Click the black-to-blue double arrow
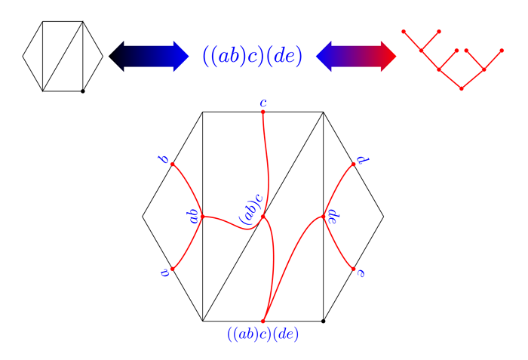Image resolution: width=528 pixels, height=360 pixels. (x=149, y=57)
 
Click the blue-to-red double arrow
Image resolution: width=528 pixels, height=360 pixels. (x=356, y=57)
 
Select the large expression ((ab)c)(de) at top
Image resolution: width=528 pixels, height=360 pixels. (x=253, y=56)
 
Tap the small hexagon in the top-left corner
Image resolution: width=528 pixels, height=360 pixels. (x=63, y=57)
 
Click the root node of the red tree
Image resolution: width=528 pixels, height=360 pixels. (x=462, y=88)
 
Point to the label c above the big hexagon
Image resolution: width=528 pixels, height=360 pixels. (x=263, y=103)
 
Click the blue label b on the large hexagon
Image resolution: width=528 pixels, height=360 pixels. (x=164, y=158)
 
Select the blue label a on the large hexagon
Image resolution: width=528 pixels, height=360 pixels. (x=164, y=272)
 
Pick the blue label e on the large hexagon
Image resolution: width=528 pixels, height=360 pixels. (x=361, y=273)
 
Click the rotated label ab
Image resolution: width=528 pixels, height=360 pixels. (x=193, y=216)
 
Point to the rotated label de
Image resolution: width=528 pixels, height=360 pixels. (x=332, y=217)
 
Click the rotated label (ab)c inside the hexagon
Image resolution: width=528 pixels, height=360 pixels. (x=251, y=209)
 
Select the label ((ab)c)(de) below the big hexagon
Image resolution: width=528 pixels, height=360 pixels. (x=263, y=334)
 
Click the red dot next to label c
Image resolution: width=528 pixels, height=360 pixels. (x=263, y=112)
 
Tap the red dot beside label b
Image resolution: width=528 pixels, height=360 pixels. (x=173, y=165)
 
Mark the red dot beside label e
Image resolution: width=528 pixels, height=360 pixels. (x=353, y=269)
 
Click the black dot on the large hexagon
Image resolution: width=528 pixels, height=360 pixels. (x=324, y=321)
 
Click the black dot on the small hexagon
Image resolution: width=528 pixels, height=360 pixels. (x=83, y=91)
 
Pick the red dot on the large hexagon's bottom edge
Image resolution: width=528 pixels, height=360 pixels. (x=263, y=322)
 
